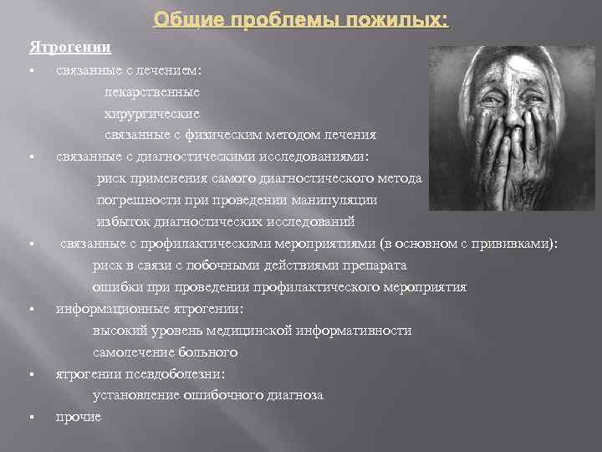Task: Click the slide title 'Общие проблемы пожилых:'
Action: pos(301,19)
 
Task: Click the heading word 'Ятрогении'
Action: pos(70,47)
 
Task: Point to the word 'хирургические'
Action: pos(151,113)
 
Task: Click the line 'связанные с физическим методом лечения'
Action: pos(240,135)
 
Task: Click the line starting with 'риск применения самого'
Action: pos(259,178)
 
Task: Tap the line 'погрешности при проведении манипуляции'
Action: pos(237,200)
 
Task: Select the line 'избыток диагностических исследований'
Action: pos(226,222)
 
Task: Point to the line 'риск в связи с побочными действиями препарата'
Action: pos(249,265)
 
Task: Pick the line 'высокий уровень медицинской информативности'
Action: pos(252,331)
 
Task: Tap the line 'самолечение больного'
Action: pos(165,352)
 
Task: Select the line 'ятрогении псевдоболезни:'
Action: pos(140,373)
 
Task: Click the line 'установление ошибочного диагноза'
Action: pos(207,395)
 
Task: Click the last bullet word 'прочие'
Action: pos(79,417)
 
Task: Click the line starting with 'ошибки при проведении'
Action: pos(279,287)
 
